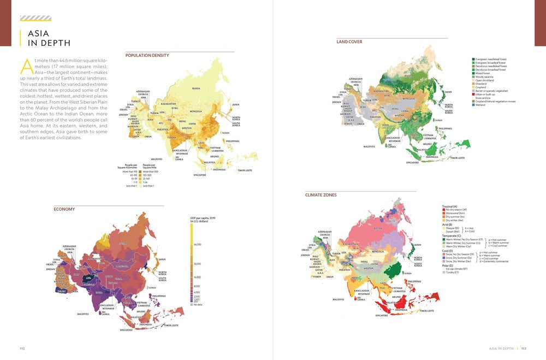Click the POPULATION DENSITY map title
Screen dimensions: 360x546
pos(147,55)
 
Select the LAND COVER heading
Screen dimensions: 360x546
pos(349,42)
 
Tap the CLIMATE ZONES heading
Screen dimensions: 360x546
pos(321,194)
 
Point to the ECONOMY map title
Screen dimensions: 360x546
pos(64,209)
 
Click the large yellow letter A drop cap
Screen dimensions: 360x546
pos(26,66)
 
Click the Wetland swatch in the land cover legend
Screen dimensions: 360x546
pos(473,105)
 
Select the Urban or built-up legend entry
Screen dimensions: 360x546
pos(485,94)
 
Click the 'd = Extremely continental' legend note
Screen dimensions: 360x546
pos(494,262)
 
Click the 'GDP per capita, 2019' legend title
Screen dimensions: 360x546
pos(203,219)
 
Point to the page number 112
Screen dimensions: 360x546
pos(22,348)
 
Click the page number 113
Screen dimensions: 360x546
pos(523,348)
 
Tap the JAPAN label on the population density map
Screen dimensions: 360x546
pos(235,104)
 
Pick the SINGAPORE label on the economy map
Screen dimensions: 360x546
pos(126,331)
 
